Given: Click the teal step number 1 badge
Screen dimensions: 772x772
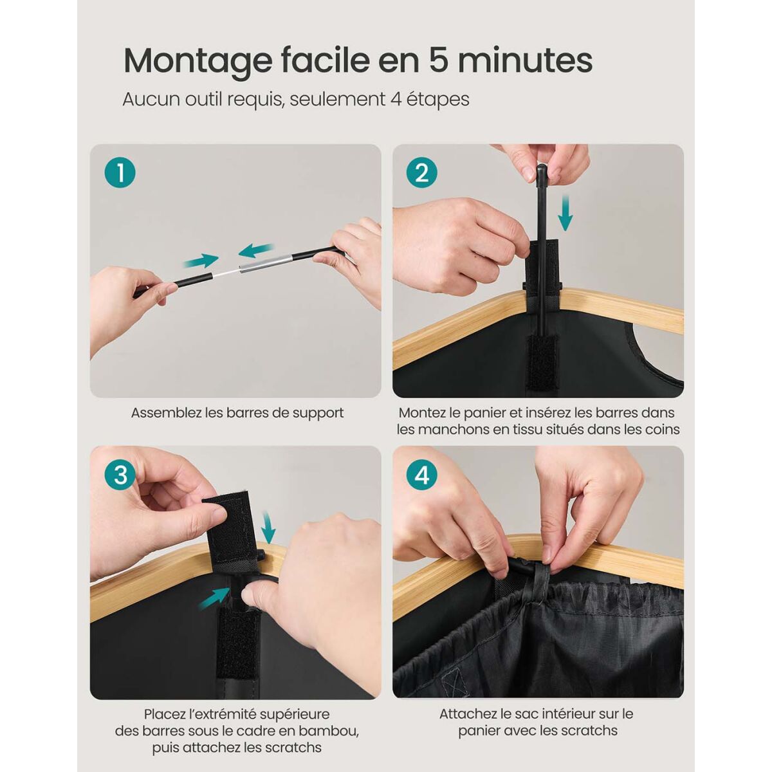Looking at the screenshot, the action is click(x=120, y=173).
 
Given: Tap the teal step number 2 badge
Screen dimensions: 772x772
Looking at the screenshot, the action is click(x=422, y=173).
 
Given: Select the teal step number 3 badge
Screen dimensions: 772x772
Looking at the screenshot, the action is click(x=120, y=475).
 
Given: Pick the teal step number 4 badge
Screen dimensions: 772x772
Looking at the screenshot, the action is click(x=422, y=475).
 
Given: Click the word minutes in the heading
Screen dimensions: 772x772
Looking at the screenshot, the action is click(x=526, y=60).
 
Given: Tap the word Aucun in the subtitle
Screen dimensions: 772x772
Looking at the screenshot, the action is click(x=151, y=99).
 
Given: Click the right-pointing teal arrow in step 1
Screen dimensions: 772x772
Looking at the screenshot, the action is click(x=201, y=261).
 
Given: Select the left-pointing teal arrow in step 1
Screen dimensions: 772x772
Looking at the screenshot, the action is click(x=257, y=250).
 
